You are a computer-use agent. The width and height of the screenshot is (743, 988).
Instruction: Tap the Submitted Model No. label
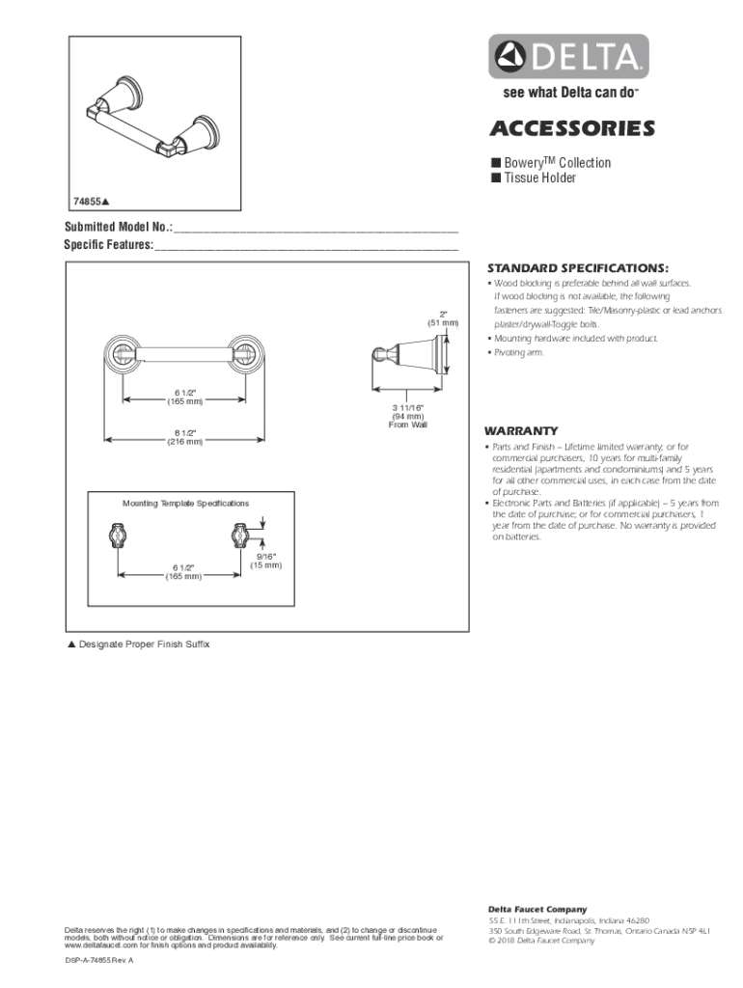(118, 228)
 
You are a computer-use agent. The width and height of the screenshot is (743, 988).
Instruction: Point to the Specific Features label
(108, 245)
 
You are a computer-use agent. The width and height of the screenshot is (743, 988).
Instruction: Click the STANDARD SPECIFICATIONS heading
(577, 267)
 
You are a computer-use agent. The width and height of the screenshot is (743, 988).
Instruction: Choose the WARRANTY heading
(522, 430)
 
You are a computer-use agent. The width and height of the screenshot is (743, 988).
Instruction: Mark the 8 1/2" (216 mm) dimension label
(183, 437)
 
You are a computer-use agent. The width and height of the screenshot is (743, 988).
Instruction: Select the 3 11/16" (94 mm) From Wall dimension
(408, 417)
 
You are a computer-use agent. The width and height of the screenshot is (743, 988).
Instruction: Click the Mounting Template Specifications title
(185, 504)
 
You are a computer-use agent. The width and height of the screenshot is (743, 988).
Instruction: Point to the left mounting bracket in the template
(116, 535)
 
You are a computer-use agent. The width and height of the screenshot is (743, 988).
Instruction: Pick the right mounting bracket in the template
(238, 535)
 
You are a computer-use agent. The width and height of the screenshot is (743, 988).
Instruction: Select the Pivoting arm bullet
(519, 353)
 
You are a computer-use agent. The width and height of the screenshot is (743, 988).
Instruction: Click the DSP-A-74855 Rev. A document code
(98, 962)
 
